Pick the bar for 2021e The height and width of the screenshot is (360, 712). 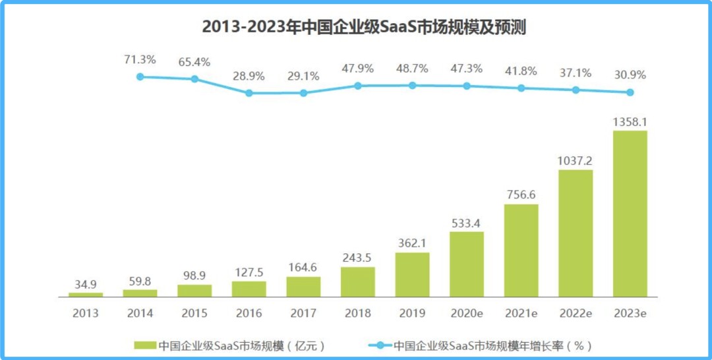click(521, 250)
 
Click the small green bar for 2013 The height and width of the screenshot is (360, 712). click(86, 294)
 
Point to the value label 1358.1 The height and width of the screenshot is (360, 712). click(630, 121)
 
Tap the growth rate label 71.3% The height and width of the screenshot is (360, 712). click(140, 60)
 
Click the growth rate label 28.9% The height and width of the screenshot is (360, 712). click(249, 76)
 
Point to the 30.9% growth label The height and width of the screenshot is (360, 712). click(630, 75)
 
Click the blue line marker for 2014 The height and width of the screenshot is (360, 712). click(140, 76)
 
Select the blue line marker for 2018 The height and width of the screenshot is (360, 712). click(358, 86)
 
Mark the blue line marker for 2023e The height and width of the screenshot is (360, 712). click(630, 92)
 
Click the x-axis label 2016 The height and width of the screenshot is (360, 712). click(249, 314)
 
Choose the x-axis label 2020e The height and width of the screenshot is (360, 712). click(467, 314)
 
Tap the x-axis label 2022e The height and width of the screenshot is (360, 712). click(576, 314)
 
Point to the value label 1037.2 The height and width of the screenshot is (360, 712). click(576, 161)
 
